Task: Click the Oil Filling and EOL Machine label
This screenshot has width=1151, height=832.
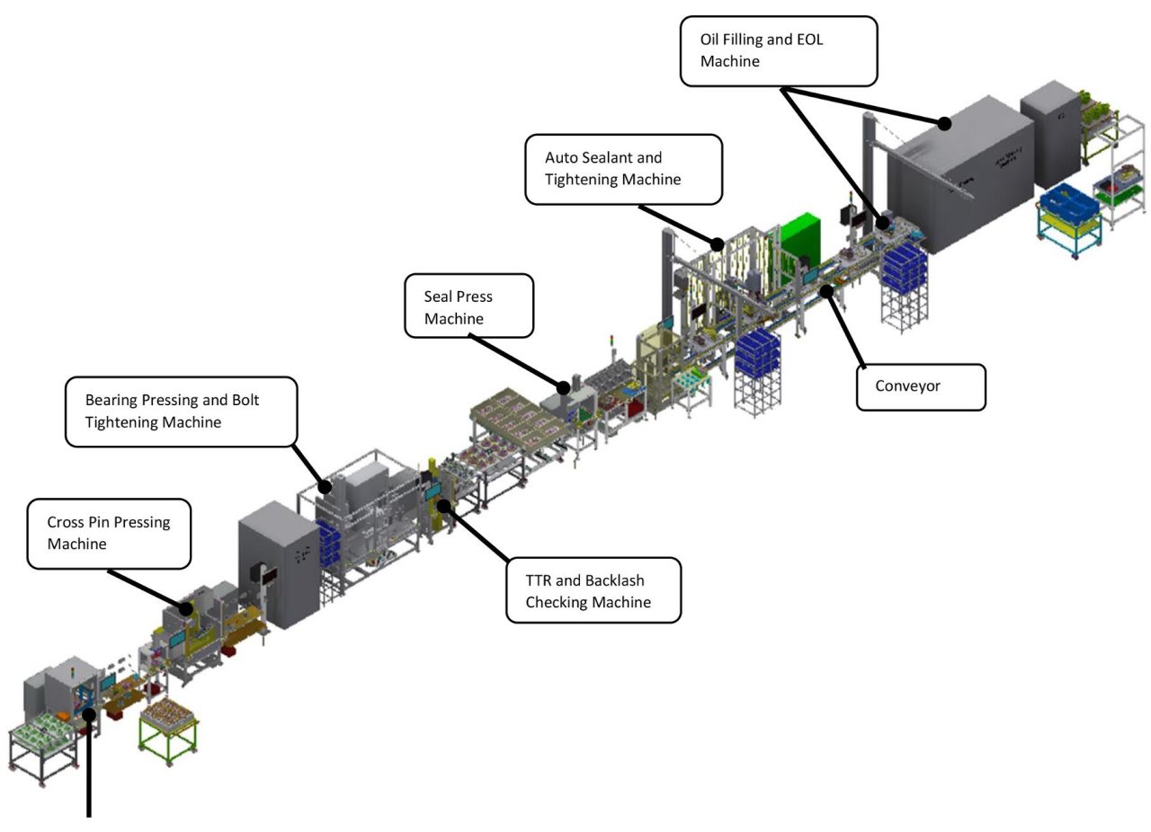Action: tap(778, 51)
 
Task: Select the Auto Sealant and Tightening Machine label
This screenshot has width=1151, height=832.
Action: tap(623, 169)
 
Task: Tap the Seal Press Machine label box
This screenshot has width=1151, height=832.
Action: tap(468, 306)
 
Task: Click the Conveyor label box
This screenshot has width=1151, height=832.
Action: tap(920, 386)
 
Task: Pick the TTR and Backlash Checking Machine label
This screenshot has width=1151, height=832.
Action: tap(593, 590)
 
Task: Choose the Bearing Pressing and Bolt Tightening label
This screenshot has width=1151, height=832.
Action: tap(181, 411)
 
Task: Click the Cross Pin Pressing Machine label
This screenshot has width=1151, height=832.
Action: tap(109, 533)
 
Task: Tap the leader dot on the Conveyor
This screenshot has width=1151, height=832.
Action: tap(826, 290)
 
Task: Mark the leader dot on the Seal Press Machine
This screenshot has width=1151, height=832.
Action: tap(564, 388)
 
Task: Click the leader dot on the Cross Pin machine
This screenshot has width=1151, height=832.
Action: tap(186, 608)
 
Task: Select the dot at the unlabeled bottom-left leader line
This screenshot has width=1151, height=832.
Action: tap(89, 714)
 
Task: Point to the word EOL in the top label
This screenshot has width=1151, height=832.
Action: tap(807, 40)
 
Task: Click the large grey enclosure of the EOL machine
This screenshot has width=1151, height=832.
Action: tap(962, 175)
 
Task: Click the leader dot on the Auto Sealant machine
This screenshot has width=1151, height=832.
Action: tap(717, 243)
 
